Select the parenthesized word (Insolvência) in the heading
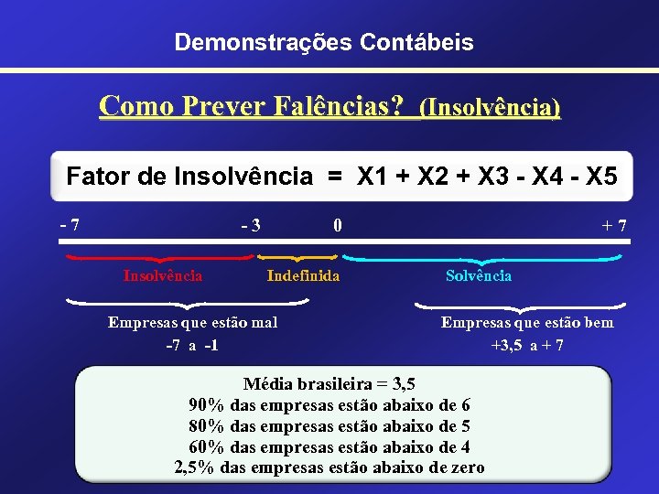tap(490, 108)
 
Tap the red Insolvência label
tap(163, 275)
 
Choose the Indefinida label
tap(303, 275)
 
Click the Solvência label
tap(479, 275)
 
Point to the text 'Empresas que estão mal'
tap(192, 322)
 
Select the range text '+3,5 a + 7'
tap(527, 345)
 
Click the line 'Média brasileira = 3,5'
tap(329, 383)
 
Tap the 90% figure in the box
tap(208, 404)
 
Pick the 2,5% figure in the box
tap(195, 467)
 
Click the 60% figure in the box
tap(208, 446)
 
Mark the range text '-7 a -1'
tap(191, 345)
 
